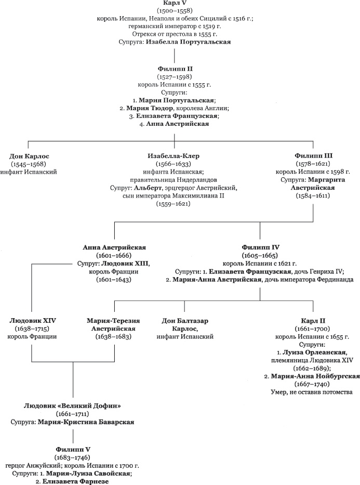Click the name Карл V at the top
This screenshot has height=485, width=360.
(x=174, y=4)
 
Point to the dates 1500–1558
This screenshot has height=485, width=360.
(x=174, y=11)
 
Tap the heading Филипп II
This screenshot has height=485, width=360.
(x=174, y=68)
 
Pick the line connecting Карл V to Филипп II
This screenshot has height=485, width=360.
(x=174, y=54)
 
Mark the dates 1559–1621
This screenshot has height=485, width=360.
(x=174, y=204)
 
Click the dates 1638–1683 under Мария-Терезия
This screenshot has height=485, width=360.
(x=114, y=337)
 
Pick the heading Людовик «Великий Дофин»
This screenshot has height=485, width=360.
(x=73, y=405)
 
